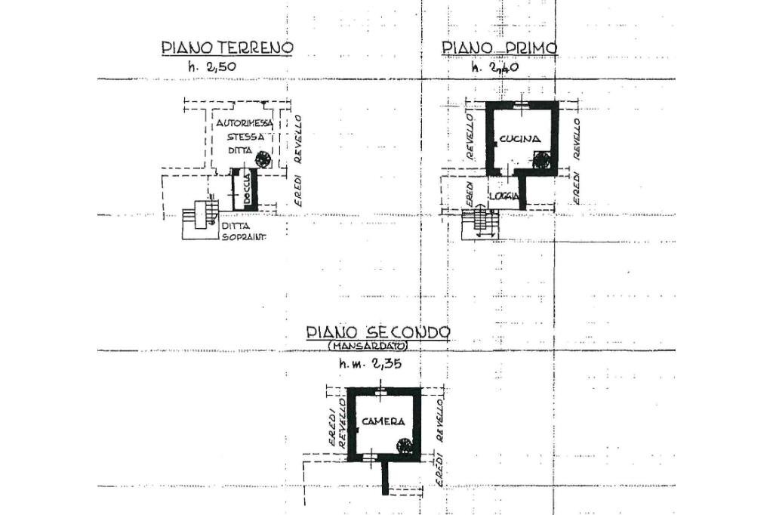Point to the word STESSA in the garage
[x=246, y=137]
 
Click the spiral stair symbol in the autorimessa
[x=263, y=159]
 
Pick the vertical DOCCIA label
[x=246, y=190]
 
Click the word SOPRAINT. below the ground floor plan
[x=244, y=235]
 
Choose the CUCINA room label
[x=519, y=139]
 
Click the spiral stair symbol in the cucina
[x=541, y=159]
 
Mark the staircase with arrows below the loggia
[x=479, y=224]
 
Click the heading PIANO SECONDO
[x=378, y=333]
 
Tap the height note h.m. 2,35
[x=370, y=364]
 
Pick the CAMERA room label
[x=383, y=421]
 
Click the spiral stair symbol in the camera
[x=405, y=445]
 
